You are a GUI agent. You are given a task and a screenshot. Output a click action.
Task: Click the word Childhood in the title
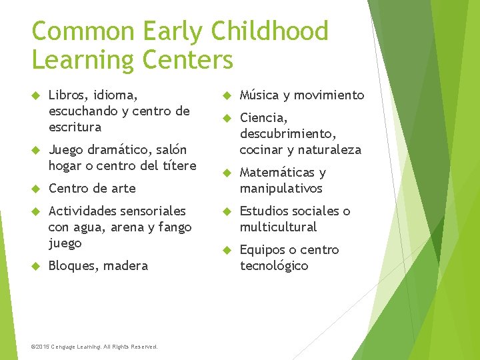point(269,31)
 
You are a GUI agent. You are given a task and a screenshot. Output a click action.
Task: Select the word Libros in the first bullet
point(67,95)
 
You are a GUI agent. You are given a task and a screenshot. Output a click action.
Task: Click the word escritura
point(75,127)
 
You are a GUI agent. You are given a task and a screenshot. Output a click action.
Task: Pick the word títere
point(179,165)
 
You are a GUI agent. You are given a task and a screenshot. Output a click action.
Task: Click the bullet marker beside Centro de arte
point(37,189)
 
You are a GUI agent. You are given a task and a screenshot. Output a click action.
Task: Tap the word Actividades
point(84,211)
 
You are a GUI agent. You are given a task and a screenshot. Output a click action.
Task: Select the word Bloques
point(73,265)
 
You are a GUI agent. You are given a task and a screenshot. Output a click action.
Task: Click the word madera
point(126,265)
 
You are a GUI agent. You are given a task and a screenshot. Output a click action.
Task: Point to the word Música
point(261,95)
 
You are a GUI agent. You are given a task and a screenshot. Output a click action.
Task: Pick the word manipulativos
point(281,188)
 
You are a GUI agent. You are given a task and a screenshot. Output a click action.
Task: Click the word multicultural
point(278,227)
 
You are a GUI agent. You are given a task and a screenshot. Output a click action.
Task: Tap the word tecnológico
point(274,265)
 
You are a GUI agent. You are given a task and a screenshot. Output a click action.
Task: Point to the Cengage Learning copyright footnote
point(95,347)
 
